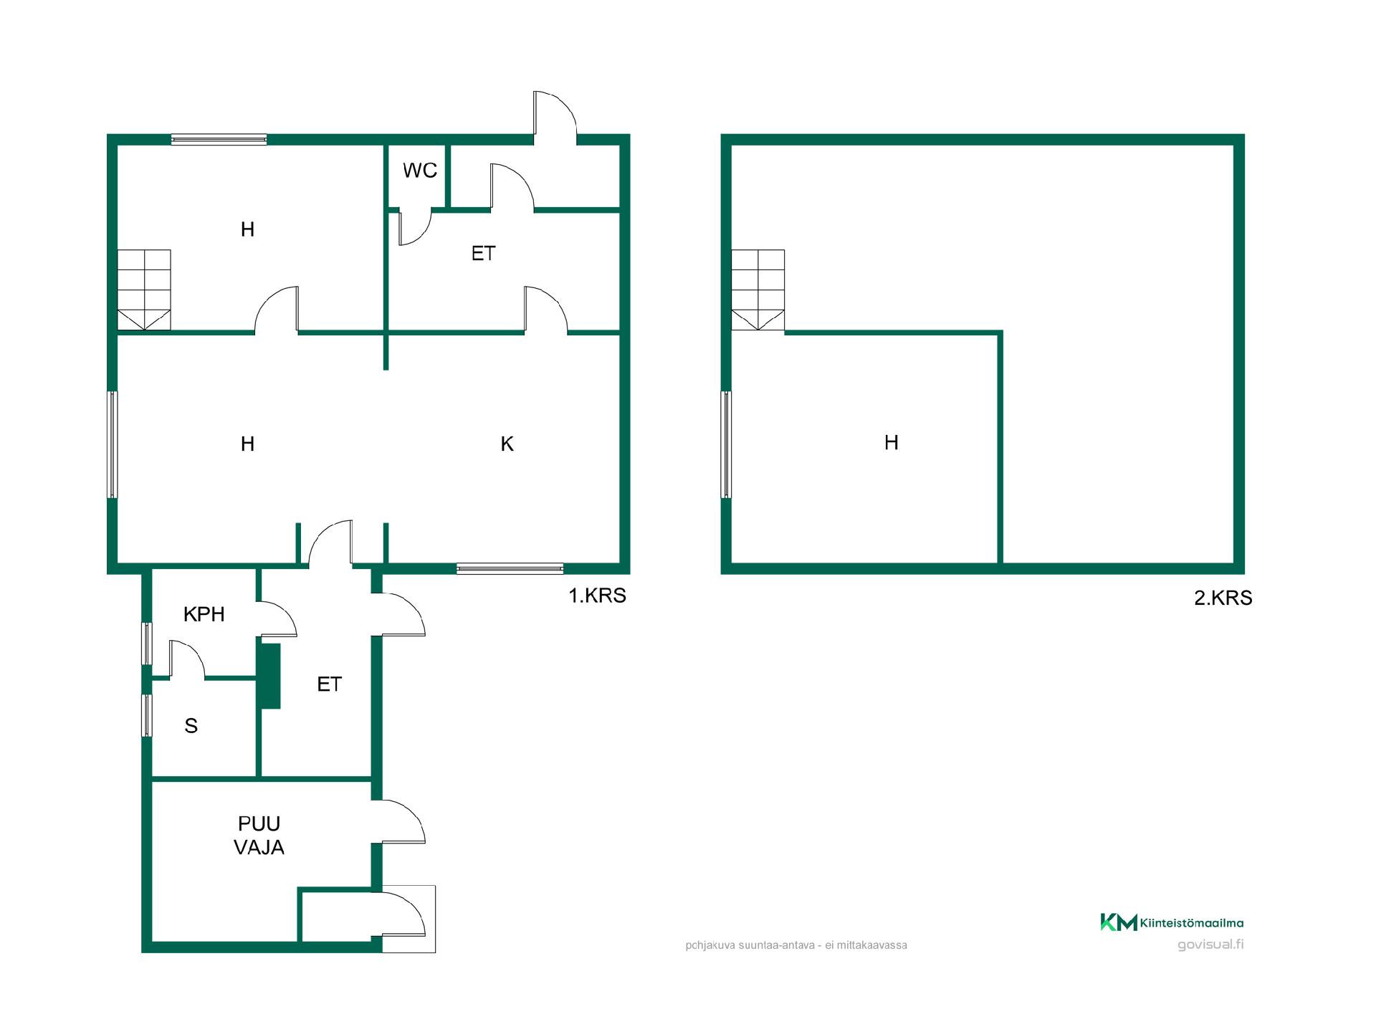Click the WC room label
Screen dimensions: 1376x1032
(x=420, y=171)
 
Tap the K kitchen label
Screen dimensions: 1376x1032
(x=507, y=444)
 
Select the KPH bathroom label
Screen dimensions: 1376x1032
(x=204, y=614)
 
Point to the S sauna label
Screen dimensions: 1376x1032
(x=191, y=726)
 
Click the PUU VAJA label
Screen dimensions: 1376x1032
(x=259, y=836)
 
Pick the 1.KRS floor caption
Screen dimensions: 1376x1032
(x=598, y=596)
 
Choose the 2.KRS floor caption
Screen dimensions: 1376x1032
(x=1223, y=598)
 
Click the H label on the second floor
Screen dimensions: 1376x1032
(x=892, y=443)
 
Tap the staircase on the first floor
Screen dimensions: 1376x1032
(x=144, y=290)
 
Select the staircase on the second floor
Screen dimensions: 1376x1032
(x=758, y=290)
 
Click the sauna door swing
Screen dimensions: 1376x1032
(x=186, y=658)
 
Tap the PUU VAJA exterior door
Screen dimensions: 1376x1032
(x=403, y=821)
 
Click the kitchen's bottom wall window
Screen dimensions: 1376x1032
(x=510, y=569)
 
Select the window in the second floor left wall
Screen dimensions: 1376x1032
(x=726, y=444)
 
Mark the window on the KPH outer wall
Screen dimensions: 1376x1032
(x=146, y=644)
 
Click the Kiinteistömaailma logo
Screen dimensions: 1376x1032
(x=1172, y=922)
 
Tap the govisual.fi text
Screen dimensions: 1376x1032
(x=1210, y=945)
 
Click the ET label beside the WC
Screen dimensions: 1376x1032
(x=484, y=253)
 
